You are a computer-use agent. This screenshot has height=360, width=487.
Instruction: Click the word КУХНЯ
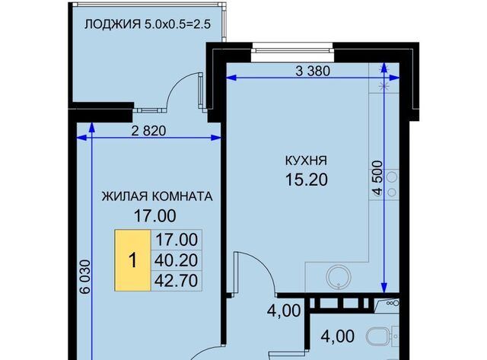(308, 161)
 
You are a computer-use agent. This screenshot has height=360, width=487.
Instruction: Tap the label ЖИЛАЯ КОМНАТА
(158, 196)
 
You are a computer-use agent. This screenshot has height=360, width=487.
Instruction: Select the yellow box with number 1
(133, 260)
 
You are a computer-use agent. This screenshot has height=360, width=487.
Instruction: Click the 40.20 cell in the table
(177, 260)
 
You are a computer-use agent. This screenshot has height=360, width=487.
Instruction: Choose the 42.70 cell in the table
(177, 280)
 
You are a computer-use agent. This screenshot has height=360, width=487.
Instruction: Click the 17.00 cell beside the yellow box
(177, 240)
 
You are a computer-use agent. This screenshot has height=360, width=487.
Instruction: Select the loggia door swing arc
(183, 91)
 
